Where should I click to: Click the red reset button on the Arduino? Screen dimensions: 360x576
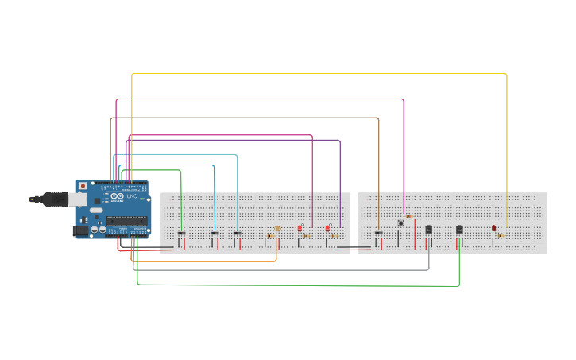83,186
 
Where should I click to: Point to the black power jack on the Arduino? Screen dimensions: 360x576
80,230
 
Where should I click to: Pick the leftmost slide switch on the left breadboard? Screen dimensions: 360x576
181,233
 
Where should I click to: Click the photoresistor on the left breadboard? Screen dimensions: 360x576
276,229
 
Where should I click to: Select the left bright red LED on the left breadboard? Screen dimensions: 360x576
300,228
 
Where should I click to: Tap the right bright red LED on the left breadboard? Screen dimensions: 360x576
327,228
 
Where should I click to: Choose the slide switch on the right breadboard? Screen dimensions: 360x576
379,233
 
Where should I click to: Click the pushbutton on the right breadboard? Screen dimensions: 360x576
400,223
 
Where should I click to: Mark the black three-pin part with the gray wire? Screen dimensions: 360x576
429,229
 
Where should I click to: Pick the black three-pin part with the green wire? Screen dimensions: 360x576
459,229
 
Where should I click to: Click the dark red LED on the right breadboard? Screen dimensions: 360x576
493,228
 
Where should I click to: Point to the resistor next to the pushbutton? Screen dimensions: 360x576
409,216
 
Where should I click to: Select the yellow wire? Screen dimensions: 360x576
318,73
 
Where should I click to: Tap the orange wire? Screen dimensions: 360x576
207,261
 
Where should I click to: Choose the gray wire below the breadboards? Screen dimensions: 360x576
278,269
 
